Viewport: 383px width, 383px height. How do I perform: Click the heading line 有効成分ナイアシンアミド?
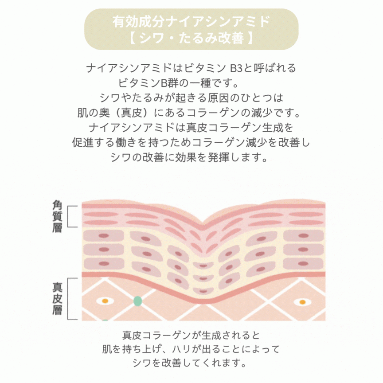tap(191, 21)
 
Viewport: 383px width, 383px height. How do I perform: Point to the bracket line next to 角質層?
tap(71, 217)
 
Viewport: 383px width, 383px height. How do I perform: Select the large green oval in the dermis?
tap(138, 301)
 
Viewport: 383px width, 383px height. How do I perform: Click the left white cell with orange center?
tap(105, 301)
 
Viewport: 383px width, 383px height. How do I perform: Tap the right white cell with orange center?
tap(302, 302)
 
